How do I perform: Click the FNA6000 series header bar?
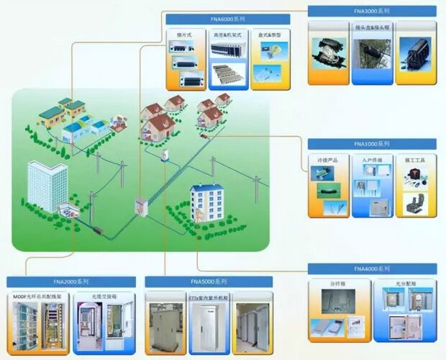tap(227, 19)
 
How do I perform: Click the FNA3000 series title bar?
tap(371, 12)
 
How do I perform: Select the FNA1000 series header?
tap(371, 144)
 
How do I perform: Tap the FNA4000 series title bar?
tap(371, 269)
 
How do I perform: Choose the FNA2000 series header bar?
tap(70, 281)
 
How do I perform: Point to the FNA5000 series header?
tap(209, 281)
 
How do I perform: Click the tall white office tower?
tap(47, 186)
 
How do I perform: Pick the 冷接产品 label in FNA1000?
tap(328, 159)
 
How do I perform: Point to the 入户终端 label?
tap(371, 159)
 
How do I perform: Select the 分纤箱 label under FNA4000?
tap(338, 284)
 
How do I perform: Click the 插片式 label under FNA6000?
tap(184, 34)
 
